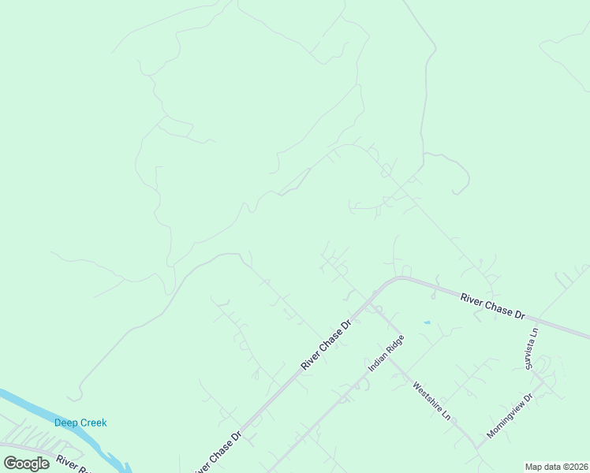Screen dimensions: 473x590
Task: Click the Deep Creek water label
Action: tap(80, 423)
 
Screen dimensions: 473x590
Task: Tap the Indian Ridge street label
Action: tap(386, 353)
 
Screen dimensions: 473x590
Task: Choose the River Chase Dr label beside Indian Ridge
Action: tap(326, 345)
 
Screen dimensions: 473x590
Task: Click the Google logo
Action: tap(26, 463)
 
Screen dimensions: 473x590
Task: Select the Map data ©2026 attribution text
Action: tap(556, 467)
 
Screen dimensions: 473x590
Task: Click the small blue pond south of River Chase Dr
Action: tap(427, 322)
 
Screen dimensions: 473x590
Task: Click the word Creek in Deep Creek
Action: tap(93, 423)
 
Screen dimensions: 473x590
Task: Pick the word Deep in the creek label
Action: tap(65, 423)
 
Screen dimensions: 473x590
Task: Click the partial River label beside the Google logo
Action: tap(70, 461)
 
